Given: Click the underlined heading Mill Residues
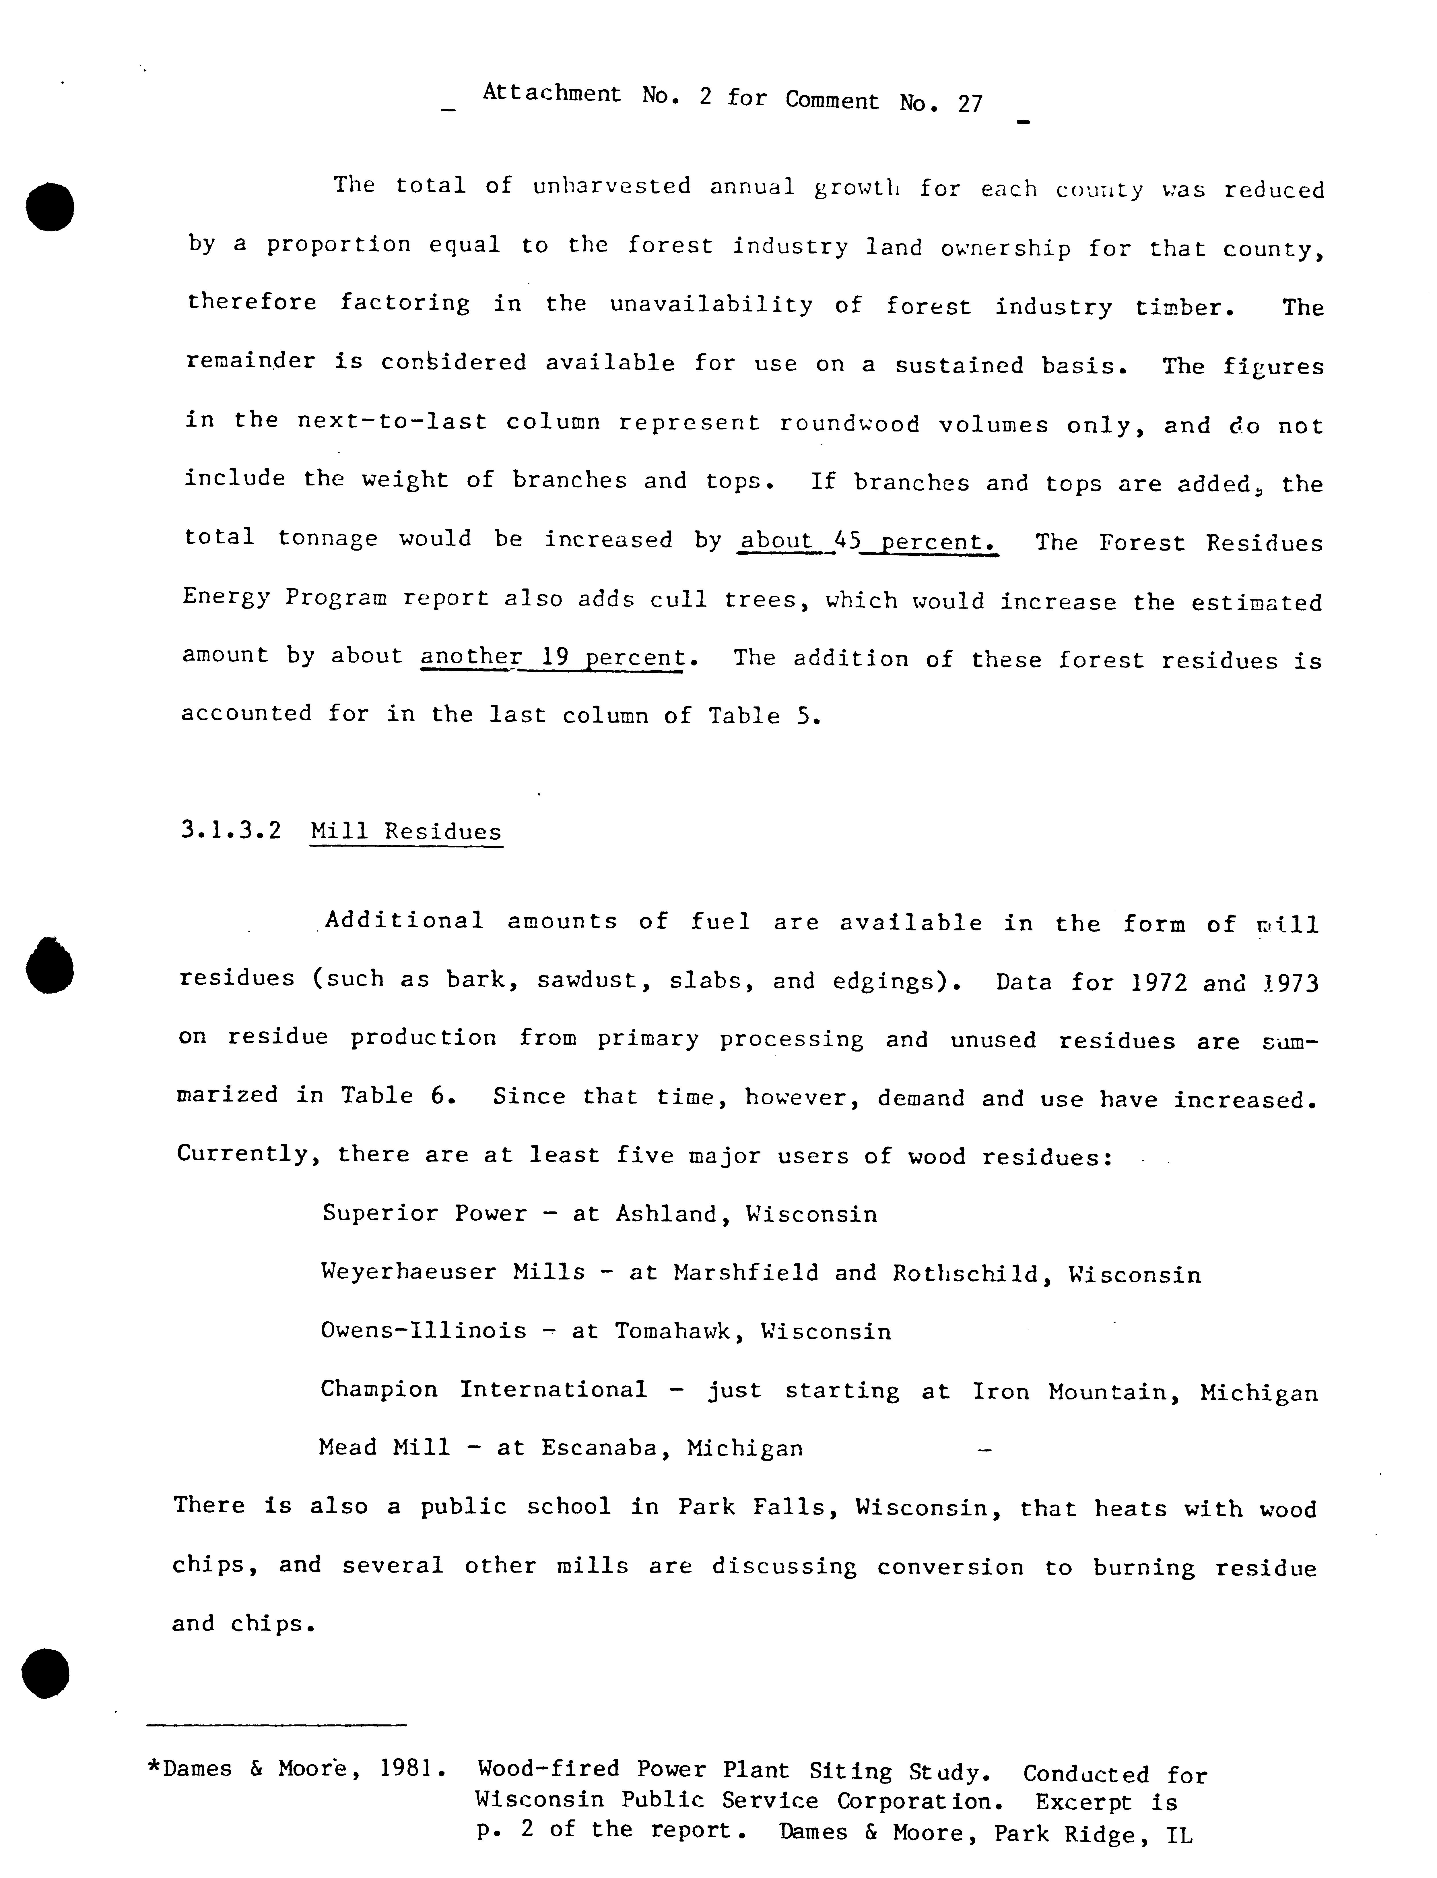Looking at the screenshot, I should (x=406, y=832).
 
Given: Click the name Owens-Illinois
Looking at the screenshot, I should (x=424, y=1331).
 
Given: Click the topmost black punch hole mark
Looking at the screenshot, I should (x=50, y=206).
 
